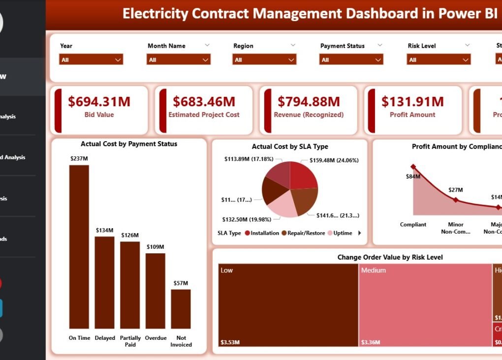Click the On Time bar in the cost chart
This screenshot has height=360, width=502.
(x=79, y=246)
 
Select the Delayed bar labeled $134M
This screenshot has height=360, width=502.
(x=104, y=282)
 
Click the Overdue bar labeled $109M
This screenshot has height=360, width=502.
(x=155, y=291)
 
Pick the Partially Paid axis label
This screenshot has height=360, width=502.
(x=130, y=341)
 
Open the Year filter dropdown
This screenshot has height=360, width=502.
(x=91, y=60)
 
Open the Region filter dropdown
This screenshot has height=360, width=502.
(x=264, y=60)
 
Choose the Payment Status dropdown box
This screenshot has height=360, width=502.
(x=351, y=60)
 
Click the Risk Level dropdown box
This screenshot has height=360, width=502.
(x=439, y=60)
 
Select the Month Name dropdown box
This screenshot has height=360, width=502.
(x=178, y=60)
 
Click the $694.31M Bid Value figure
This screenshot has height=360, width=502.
(x=99, y=102)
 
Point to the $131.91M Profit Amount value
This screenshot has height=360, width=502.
(x=412, y=102)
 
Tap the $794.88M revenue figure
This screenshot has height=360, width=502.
(x=309, y=102)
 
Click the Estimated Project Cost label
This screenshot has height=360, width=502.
(x=204, y=115)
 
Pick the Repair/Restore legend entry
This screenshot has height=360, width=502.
(x=303, y=233)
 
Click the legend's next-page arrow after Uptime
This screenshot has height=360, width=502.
(x=359, y=233)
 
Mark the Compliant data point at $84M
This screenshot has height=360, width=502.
(x=413, y=167)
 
